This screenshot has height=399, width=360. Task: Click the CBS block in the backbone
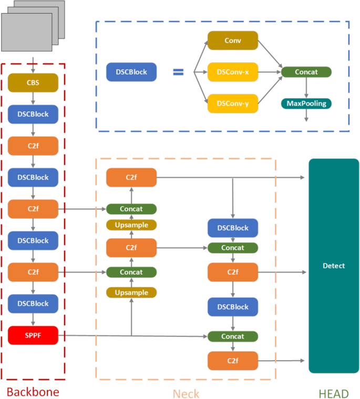pos(33,83)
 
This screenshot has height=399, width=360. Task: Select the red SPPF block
pos(33,335)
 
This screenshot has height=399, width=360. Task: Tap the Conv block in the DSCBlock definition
pos(232,40)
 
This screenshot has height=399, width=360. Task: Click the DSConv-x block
pos(232,72)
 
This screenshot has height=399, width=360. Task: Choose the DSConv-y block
pos(232,104)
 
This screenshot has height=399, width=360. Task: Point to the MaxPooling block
pos(306,104)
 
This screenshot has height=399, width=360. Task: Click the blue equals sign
pos(179,72)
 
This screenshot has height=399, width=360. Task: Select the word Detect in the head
pos(334,266)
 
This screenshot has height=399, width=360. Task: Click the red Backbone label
pos(33,392)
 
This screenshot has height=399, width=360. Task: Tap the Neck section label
pos(186,393)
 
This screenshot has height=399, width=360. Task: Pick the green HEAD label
pos(333,393)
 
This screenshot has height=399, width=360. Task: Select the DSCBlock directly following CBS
pos(33,114)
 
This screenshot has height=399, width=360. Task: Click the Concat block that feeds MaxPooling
pos(306,72)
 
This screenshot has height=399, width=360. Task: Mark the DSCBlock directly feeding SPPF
pos(33,303)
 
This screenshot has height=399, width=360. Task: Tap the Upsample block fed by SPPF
pos(131,293)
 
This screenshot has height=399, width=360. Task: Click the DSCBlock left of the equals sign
pos(127,72)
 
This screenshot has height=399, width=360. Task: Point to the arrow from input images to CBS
pos(33,66)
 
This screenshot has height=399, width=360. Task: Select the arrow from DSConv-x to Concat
pos(269,72)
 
